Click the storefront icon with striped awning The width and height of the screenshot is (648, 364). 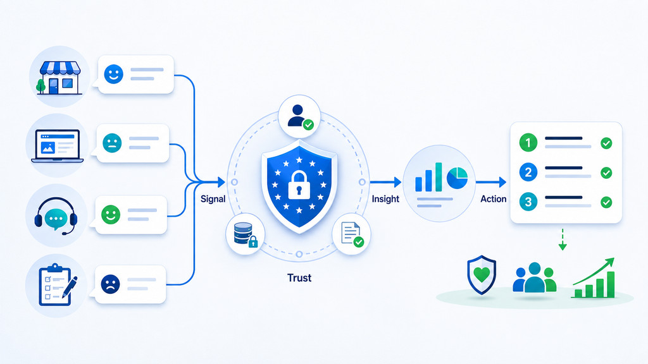pos(59,78)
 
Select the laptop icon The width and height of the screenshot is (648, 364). pos(57,146)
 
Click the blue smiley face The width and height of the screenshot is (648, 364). pos(114,75)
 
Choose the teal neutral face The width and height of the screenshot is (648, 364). pos(112,143)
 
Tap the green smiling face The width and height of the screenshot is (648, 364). pos(111,215)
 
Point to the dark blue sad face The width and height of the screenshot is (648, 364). pos(110,284)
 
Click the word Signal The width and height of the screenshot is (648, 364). pos(213,199)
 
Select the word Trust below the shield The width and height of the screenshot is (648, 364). pos(299,278)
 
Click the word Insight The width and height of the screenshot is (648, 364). pos(385,199)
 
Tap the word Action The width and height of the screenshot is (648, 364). pos(493,199)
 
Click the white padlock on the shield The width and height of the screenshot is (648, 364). pos(299,184)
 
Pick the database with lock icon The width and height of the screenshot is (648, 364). pos(246,234)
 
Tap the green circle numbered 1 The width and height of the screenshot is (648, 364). pos(528,143)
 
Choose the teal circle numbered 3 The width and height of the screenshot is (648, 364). pos(528,202)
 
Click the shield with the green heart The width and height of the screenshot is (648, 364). pos(482,275)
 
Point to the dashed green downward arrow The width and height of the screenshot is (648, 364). pos(563,240)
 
